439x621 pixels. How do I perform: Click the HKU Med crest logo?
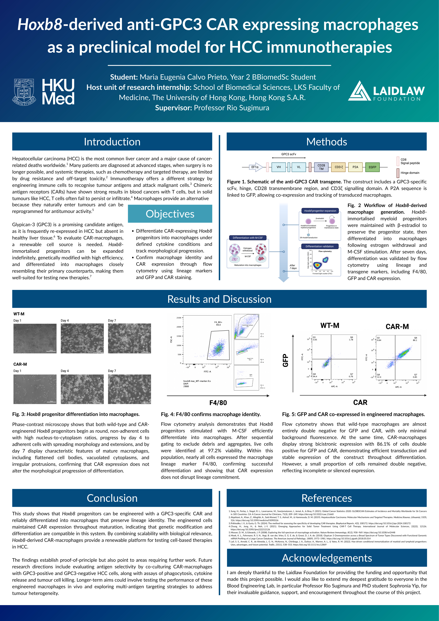(x=24, y=92)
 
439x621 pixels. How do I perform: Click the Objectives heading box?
(x=170, y=214)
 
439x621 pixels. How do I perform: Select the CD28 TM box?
(x=321, y=167)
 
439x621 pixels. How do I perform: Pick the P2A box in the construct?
(x=355, y=167)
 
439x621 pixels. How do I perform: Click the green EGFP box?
(x=372, y=167)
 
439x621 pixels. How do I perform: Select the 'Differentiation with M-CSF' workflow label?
(x=248, y=238)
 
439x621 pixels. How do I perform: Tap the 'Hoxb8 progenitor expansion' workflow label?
(x=320, y=211)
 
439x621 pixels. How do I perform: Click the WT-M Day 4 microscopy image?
(x=82, y=338)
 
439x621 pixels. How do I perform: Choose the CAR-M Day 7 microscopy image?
(x=130, y=389)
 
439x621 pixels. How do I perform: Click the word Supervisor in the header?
(x=173, y=108)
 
